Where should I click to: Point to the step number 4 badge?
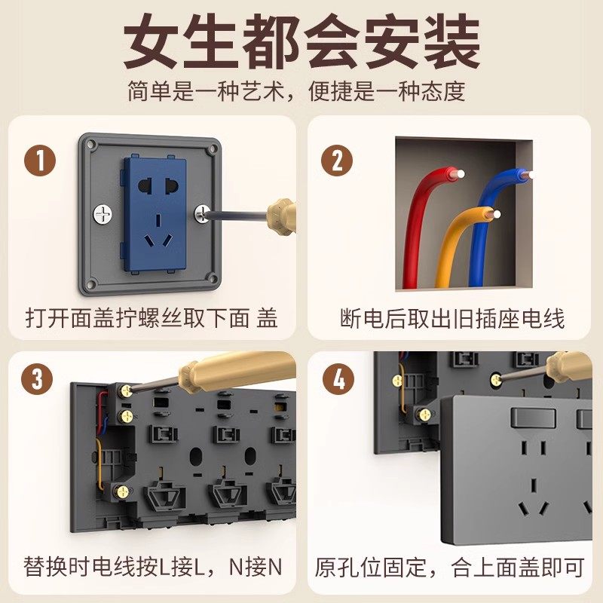point(338,378)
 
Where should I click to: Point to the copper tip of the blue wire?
point(526,175)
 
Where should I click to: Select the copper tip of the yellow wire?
point(495,215)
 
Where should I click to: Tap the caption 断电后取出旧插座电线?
point(451,318)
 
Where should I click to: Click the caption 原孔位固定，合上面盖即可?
point(451,565)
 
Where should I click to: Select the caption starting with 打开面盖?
point(151,318)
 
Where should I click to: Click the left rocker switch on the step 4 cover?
point(532,416)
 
